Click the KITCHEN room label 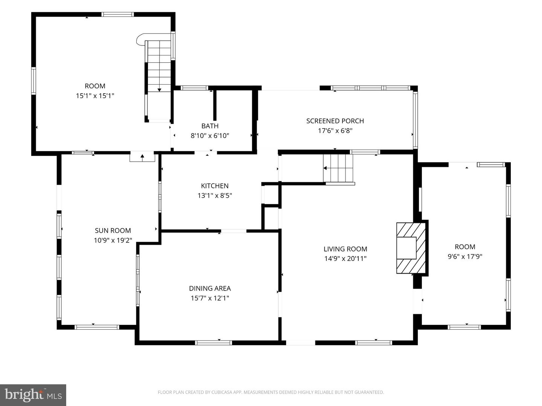(x=215, y=186)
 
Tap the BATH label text (x=210, y=126)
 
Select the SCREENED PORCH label (x=335, y=121)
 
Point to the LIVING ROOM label (x=345, y=249)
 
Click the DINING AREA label (x=210, y=288)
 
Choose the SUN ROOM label (x=113, y=230)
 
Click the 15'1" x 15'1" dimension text (x=95, y=95)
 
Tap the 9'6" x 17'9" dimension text (x=465, y=257)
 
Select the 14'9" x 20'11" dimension (x=345, y=259)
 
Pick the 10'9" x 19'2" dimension (x=113, y=240)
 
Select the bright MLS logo (x=33, y=395)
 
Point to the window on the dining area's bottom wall (x=213, y=342)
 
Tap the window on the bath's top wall (x=195, y=88)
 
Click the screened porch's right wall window (x=415, y=120)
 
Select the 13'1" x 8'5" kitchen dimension (x=215, y=195)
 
